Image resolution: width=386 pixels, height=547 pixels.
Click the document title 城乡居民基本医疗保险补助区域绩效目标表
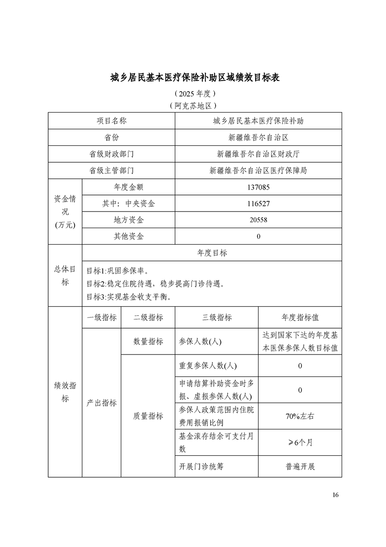(x=193, y=78)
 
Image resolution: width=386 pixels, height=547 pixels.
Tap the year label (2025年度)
(x=193, y=94)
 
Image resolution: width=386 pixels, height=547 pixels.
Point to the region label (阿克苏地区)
(x=193, y=105)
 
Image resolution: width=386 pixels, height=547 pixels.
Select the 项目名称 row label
(x=111, y=121)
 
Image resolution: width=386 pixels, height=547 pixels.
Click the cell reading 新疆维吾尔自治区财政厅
(x=258, y=154)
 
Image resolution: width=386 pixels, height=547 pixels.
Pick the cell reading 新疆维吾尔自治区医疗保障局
(x=258, y=170)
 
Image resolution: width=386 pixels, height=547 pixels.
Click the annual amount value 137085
(x=258, y=187)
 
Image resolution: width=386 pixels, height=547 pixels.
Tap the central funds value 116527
(x=258, y=203)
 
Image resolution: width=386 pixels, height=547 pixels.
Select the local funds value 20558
(x=258, y=220)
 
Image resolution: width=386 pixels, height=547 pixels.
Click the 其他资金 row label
(x=129, y=236)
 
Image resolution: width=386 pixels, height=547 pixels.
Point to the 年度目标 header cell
(x=212, y=253)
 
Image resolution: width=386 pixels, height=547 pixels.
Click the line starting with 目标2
(x=155, y=283)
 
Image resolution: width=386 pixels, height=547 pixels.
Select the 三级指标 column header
(x=217, y=317)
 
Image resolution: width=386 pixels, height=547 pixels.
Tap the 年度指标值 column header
(x=300, y=317)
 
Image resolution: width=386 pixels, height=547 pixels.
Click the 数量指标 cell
(x=148, y=342)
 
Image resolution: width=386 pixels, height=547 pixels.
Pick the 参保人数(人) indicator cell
(x=201, y=342)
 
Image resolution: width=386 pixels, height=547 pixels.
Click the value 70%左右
(x=300, y=416)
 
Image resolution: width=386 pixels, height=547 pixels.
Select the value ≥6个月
(x=300, y=442)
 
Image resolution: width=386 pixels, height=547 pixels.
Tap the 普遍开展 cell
(x=300, y=467)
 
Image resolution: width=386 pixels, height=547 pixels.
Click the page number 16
(x=335, y=495)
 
